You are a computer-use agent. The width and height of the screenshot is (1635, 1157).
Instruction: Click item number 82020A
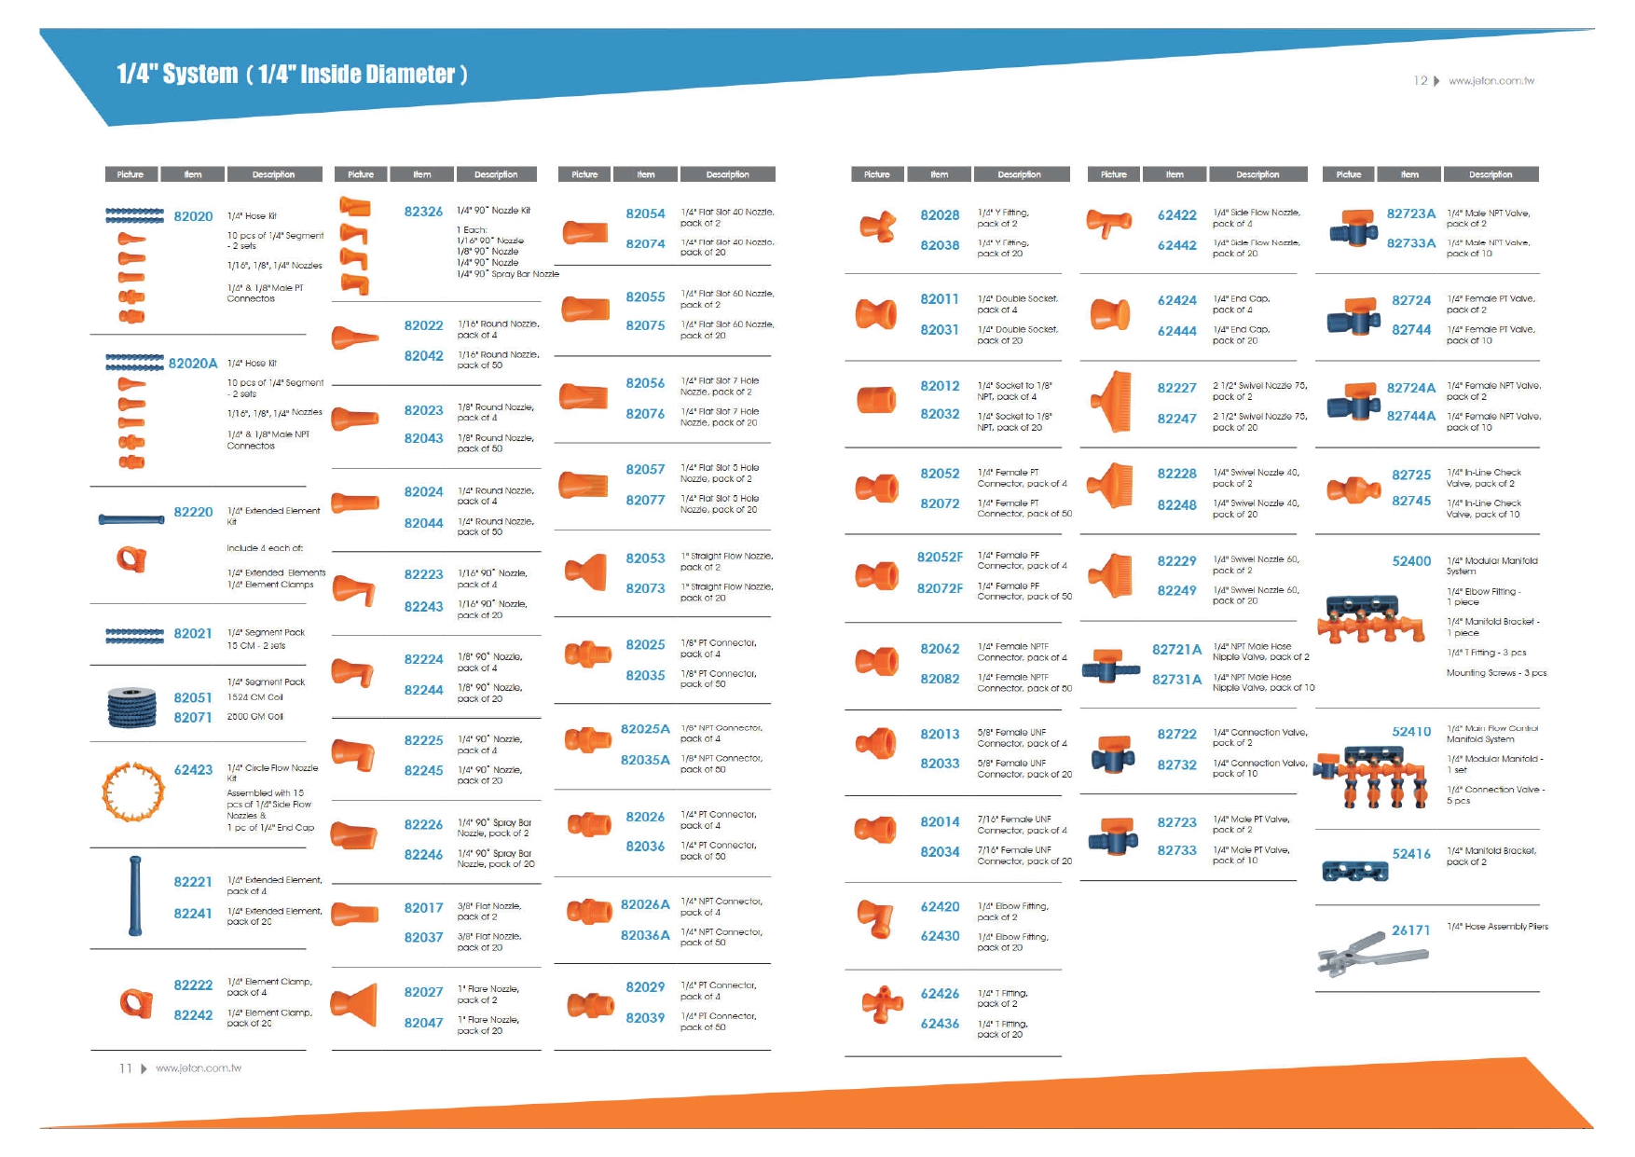193,364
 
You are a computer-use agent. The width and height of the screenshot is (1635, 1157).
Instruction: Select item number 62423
193,770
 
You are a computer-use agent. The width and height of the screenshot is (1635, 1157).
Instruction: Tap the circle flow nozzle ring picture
133,792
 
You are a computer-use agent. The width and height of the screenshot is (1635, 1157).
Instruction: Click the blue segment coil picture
131,707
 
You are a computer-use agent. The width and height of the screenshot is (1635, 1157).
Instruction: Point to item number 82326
423,212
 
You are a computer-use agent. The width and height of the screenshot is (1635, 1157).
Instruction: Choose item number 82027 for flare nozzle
423,992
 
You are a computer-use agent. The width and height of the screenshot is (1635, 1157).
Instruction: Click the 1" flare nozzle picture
356,1005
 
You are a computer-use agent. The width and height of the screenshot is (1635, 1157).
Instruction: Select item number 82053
645,558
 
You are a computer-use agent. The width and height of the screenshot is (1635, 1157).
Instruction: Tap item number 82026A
645,904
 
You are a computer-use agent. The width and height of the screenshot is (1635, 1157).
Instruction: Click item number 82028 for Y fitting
940,215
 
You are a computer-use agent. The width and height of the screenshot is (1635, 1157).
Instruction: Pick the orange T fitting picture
882,1004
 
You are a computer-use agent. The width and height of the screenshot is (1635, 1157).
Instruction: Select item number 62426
940,994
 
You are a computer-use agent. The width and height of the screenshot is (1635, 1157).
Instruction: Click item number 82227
1176,388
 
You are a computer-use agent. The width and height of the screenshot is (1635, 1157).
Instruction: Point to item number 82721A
1176,649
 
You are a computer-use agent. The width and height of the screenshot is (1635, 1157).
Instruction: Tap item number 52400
1411,561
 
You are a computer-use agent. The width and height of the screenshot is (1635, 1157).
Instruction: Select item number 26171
1410,930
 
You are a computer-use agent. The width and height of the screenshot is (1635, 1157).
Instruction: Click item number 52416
1411,854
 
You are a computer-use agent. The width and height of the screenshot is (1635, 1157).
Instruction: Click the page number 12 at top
1420,81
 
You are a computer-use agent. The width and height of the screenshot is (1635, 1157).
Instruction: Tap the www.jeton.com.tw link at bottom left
199,1068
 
